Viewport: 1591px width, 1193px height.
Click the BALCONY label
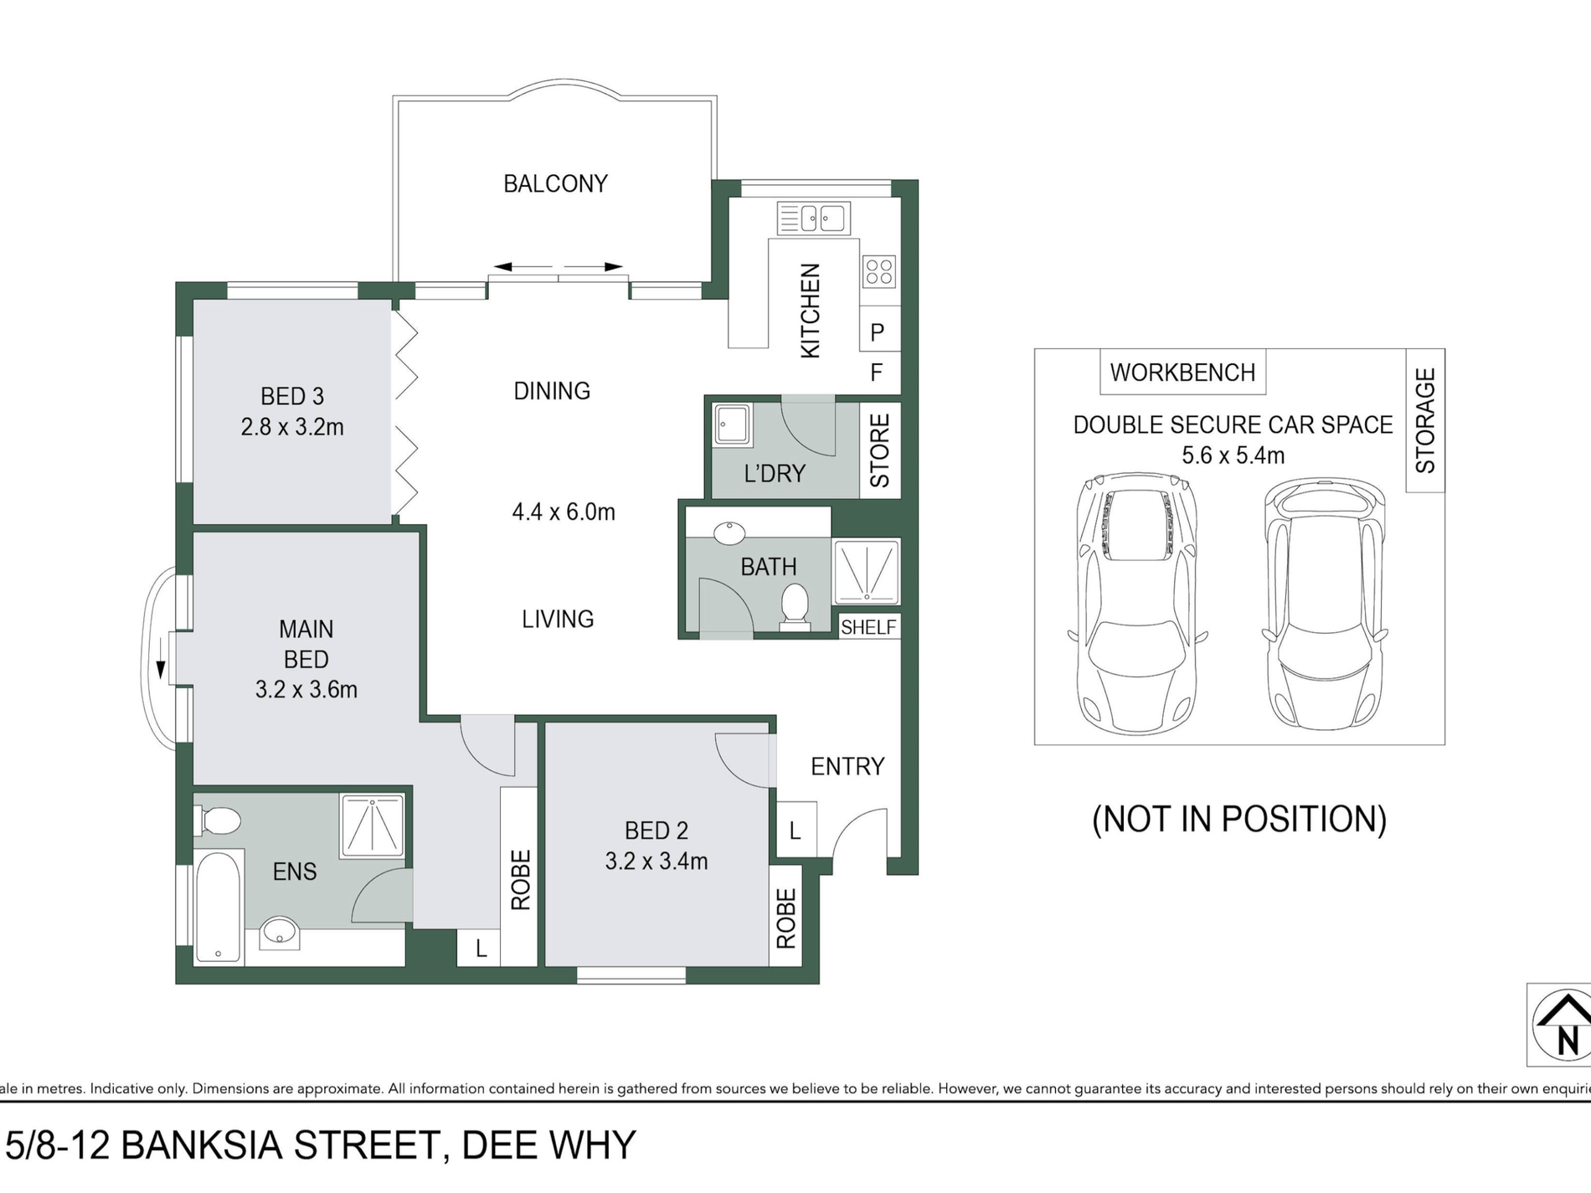[555, 183]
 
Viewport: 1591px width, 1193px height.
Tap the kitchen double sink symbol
[813, 219]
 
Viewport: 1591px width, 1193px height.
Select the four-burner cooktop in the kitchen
[878, 271]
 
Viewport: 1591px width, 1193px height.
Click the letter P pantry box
[878, 332]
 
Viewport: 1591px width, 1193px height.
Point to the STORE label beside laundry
[880, 450]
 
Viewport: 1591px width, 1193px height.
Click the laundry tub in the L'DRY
[734, 424]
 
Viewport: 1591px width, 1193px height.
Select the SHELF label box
[868, 627]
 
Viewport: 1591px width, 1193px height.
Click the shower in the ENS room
[373, 825]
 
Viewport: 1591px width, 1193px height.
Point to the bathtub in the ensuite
[219, 908]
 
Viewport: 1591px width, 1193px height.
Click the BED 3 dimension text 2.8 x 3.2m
[292, 427]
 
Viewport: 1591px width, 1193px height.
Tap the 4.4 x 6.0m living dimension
[564, 512]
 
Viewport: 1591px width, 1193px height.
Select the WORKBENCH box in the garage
[1182, 373]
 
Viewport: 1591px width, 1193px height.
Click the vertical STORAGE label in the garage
[1425, 420]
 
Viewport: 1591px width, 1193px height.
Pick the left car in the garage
[1137, 603]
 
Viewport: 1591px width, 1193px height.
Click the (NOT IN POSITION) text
[1239, 819]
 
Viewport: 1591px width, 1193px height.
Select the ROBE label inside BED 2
[785, 918]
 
